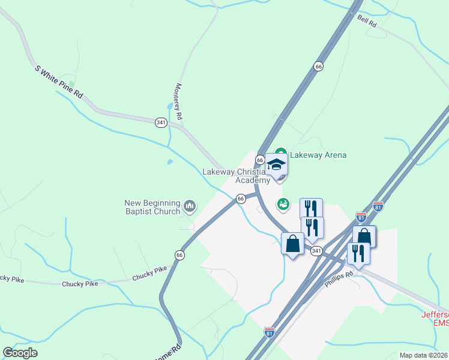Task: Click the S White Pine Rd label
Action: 59,82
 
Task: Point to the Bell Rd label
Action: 366,22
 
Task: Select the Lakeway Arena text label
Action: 318,155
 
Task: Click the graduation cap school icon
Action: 276,165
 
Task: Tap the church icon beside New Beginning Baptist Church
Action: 190,207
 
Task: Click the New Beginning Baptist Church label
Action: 152,207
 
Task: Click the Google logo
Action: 20,353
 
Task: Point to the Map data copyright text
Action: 424,355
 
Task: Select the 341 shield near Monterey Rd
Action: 160,122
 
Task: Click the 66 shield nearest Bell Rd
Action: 318,67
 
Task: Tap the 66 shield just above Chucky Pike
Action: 179,255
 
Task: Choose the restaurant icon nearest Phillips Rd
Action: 358,252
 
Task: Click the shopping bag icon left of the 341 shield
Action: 293,244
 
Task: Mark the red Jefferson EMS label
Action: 435,319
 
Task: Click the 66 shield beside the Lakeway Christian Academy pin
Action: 260,160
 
